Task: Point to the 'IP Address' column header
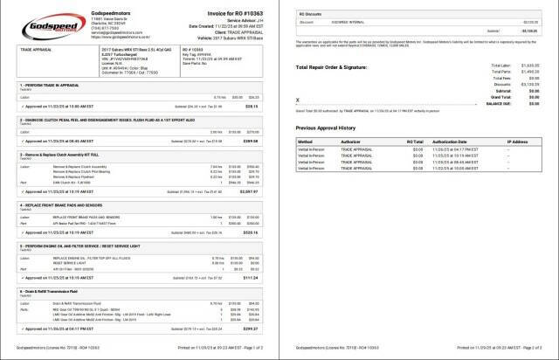pyautogui.click(x=517, y=141)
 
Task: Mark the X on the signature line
pyautogui.click(x=298, y=100)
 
